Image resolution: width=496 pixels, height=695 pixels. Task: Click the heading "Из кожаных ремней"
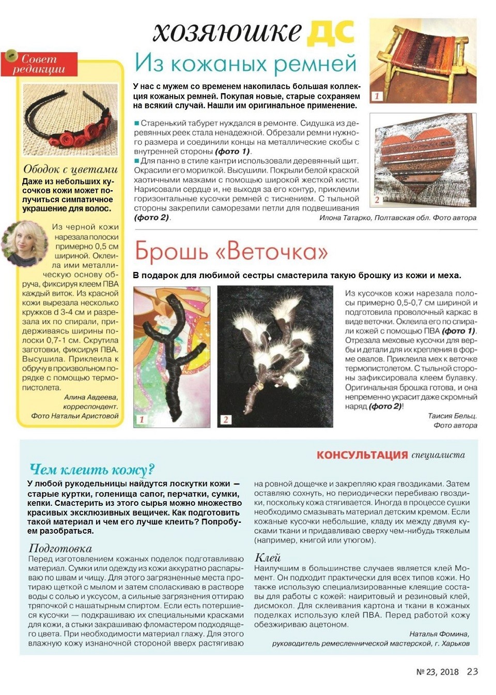(245, 64)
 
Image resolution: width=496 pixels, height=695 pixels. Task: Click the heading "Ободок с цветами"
(70, 170)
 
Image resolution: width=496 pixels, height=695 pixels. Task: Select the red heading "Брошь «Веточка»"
(231, 252)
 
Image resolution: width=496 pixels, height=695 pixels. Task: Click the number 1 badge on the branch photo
(142, 419)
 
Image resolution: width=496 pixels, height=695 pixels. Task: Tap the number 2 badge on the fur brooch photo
(225, 419)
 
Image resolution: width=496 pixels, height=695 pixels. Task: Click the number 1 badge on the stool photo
(377, 96)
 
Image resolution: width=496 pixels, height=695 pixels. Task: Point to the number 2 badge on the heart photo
(377, 200)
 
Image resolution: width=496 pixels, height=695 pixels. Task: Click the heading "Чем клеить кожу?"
(92, 470)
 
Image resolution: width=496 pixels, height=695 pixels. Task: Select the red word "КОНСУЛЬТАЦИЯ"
(362, 455)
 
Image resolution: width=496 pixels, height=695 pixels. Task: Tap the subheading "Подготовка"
(60, 548)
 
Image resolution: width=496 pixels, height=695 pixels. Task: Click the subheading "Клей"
(268, 557)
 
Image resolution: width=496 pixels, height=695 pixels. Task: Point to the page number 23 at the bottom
(472, 671)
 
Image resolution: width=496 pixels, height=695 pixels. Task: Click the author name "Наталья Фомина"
(439, 634)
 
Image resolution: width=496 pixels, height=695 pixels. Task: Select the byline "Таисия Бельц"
(452, 416)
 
